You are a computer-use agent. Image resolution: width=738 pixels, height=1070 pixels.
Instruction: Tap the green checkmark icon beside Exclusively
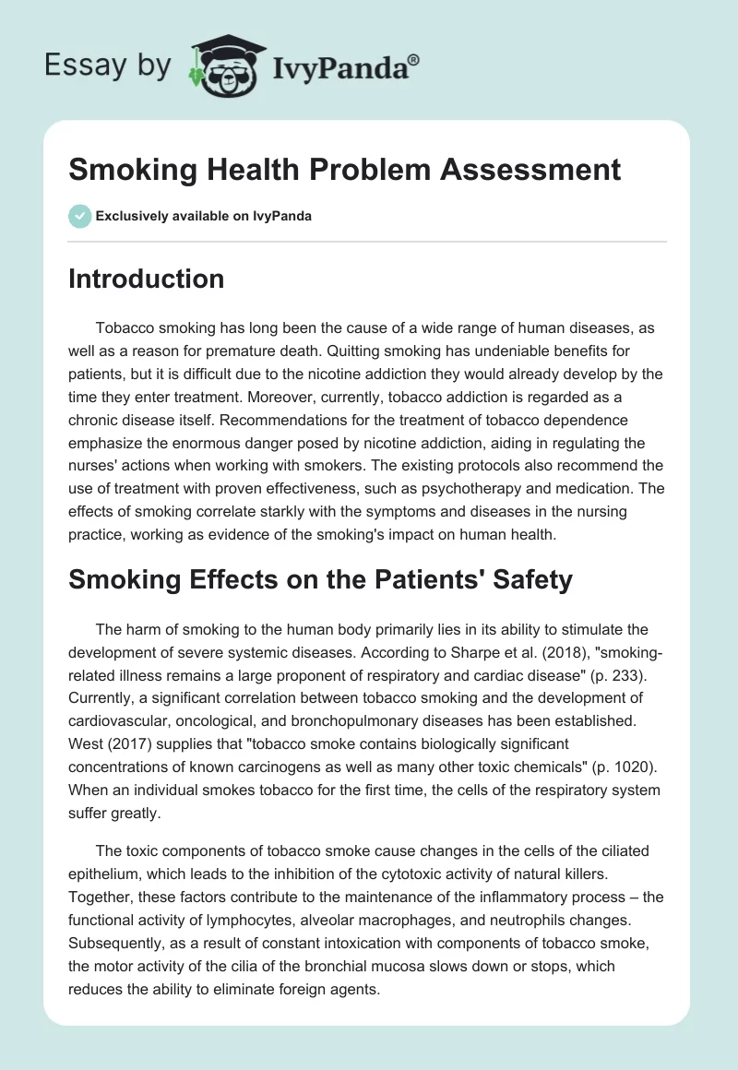[x=79, y=216]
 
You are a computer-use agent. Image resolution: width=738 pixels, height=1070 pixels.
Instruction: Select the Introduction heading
[x=146, y=279]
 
